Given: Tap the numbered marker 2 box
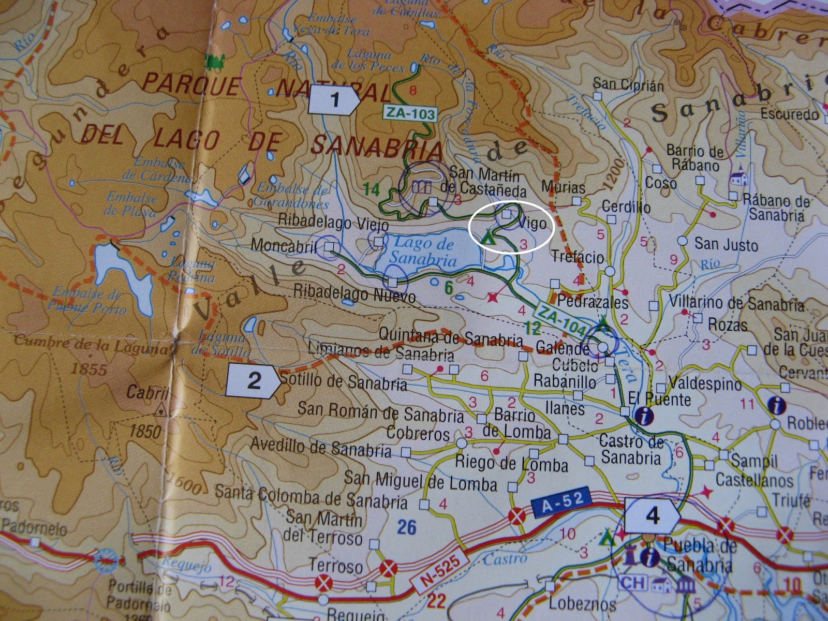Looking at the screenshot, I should coord(254,381).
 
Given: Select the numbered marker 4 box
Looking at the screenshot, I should coord(652,515).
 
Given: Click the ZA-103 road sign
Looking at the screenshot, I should coord(410,113).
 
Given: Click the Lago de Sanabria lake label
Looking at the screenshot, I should coord(423,250).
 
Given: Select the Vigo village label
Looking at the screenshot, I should coord(532,224).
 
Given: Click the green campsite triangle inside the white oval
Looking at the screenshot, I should coord(487,238).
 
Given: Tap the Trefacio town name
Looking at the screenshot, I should coord(578,257).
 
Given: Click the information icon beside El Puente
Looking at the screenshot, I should coord(642,416).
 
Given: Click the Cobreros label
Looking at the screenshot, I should coord(418,433).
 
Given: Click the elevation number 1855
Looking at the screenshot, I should coord(88,369).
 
